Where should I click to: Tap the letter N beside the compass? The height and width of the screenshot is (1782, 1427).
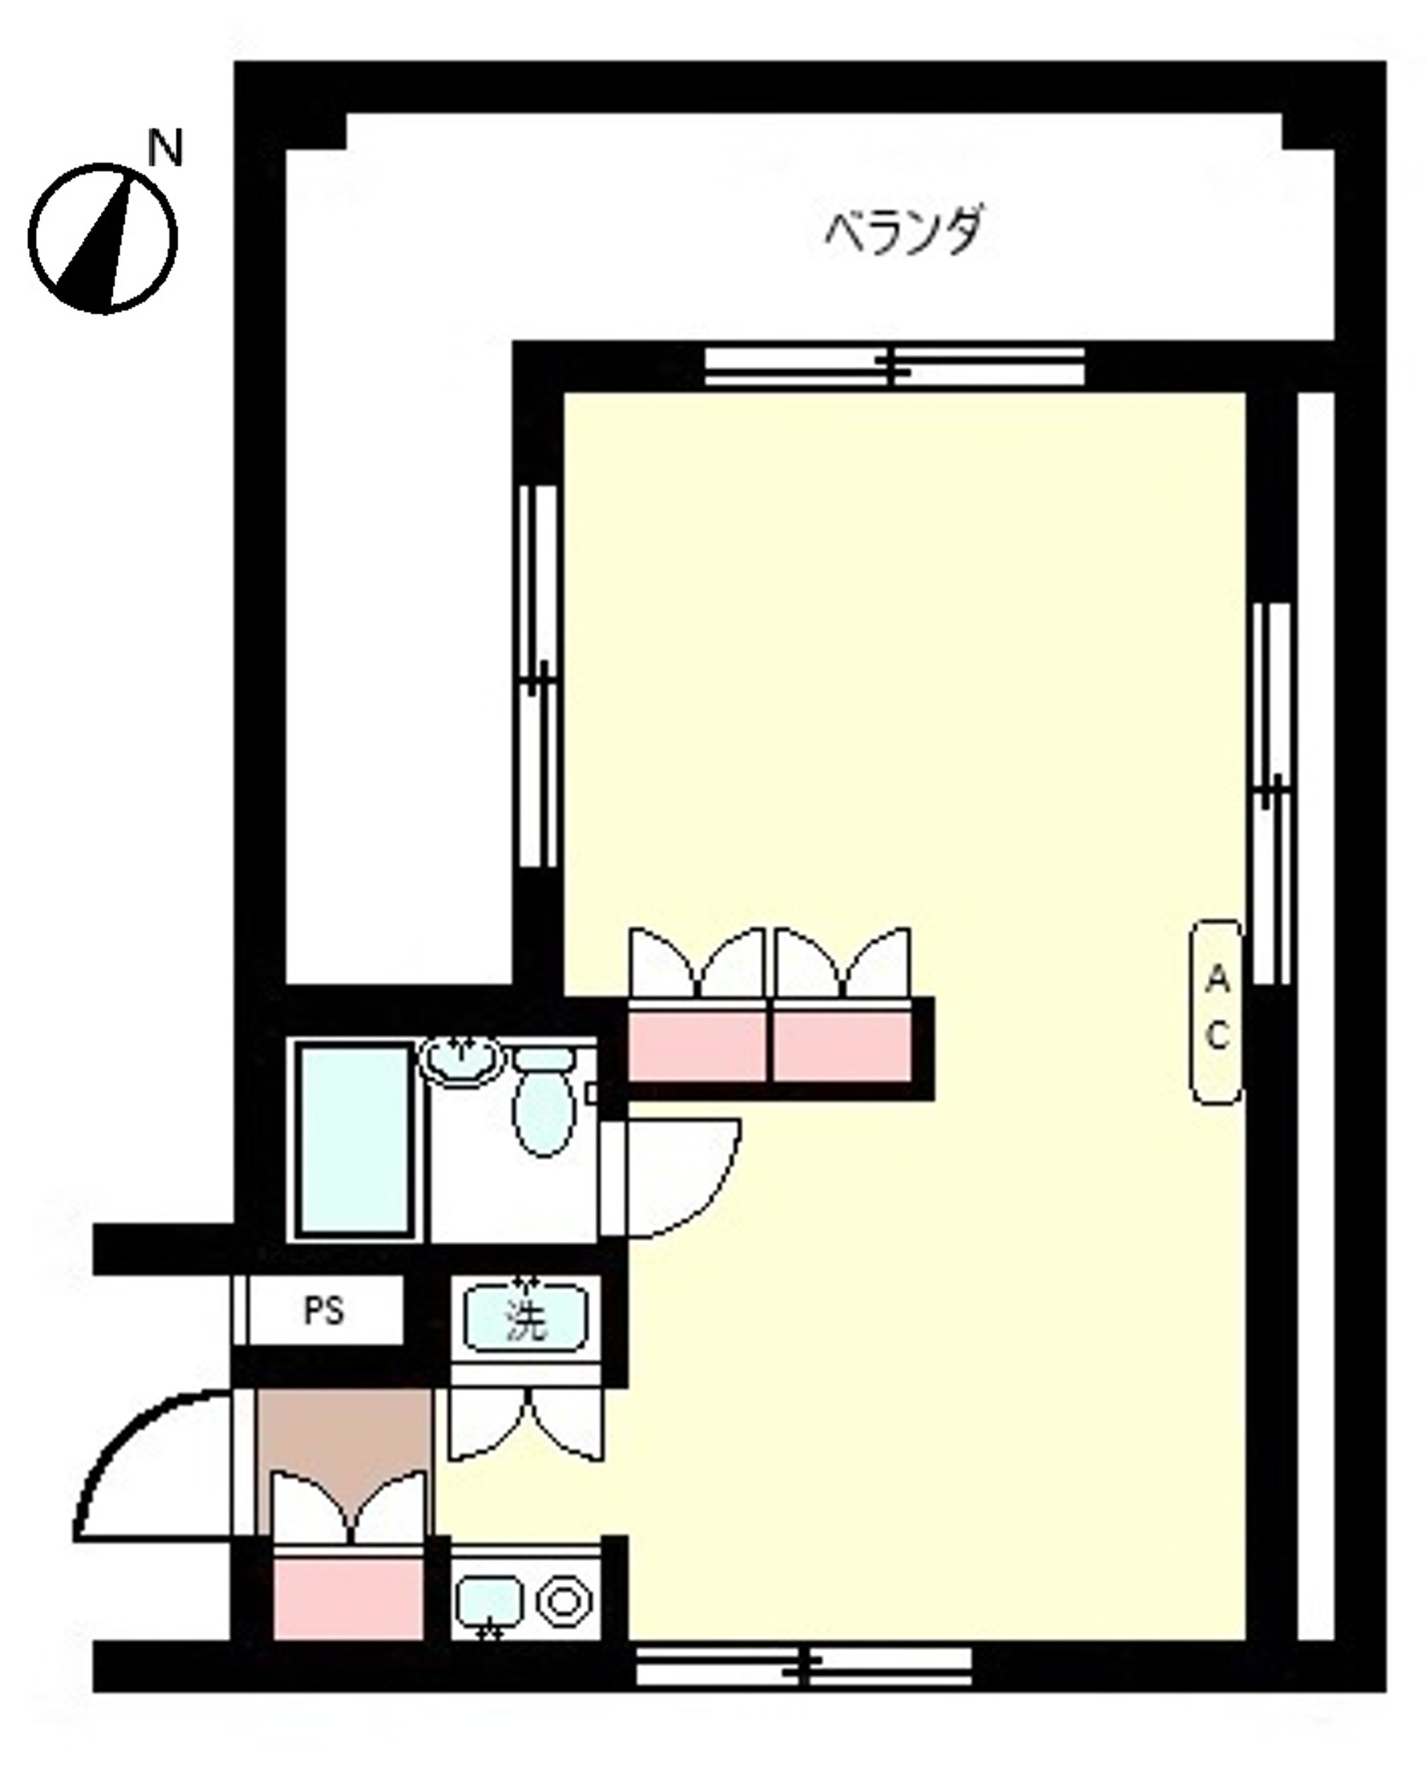(164, 148)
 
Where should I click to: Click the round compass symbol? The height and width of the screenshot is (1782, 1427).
(103, 238)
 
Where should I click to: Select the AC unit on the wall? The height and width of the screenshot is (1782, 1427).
(1215, 1013)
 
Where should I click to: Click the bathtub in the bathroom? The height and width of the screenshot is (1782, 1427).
(356, 1140)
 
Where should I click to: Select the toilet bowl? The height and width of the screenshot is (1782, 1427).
(543, 1100)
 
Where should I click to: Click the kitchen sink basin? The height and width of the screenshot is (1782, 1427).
(489, 1601)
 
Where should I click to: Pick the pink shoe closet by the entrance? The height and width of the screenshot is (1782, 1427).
(348, 1596)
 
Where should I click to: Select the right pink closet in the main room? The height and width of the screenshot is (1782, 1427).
(842, 1046)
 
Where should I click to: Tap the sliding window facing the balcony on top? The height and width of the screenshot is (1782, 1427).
(894, 366)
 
